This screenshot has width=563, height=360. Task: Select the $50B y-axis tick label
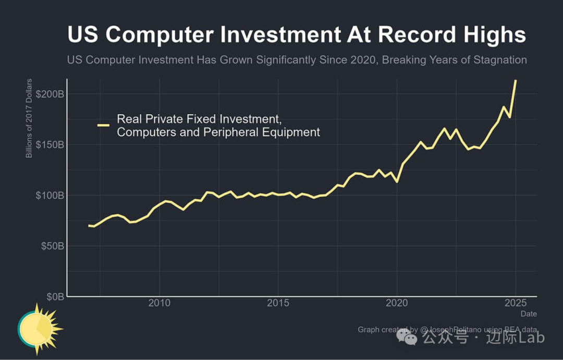point(53,246)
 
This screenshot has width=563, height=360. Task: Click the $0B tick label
point(55,296)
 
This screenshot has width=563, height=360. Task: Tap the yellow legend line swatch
point(103,125)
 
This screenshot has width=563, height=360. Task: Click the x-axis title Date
point(528,314)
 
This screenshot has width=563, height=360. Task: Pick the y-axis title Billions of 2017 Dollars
point(29,118)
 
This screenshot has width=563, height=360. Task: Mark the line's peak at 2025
point(516,81)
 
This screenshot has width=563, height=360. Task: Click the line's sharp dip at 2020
point(397,182)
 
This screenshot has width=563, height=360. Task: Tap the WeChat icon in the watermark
point(407,339)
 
